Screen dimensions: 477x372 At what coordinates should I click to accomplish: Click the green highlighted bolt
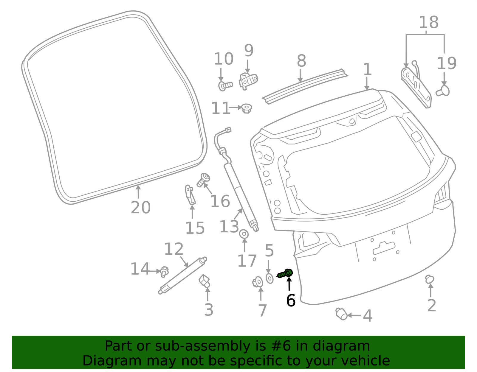pos(285,273)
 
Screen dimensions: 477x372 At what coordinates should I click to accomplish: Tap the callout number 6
pos(291,301)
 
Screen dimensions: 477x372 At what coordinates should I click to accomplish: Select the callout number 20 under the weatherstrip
pos(140,207)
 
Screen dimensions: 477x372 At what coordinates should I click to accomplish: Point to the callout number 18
pos(428,22)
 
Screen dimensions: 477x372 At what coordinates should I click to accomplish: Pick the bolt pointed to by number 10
pos(225,86)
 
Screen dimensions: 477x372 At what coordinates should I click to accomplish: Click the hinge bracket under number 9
pos(248,81)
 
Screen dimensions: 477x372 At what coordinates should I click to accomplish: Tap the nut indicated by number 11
pos(247,108)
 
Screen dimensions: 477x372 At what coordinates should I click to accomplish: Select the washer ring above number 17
pos(244,234)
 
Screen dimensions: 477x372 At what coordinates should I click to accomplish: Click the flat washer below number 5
pos(269,278)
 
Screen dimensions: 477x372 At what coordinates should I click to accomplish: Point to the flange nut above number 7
pos(258,282)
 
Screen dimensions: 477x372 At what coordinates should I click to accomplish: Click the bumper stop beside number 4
pos(341,314)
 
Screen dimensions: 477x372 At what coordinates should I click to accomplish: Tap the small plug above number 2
pos(429,279)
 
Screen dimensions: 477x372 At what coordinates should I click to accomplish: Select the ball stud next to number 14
pos(164,272)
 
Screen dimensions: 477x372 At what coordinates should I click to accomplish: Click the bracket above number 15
pos(190,195)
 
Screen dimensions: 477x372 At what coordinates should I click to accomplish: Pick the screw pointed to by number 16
pos(203,180)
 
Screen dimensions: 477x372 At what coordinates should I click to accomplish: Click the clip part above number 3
pos(205,281)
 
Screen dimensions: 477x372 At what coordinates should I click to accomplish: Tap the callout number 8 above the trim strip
pos(301,61)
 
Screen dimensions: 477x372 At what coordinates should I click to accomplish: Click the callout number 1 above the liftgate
pos(368,69)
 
